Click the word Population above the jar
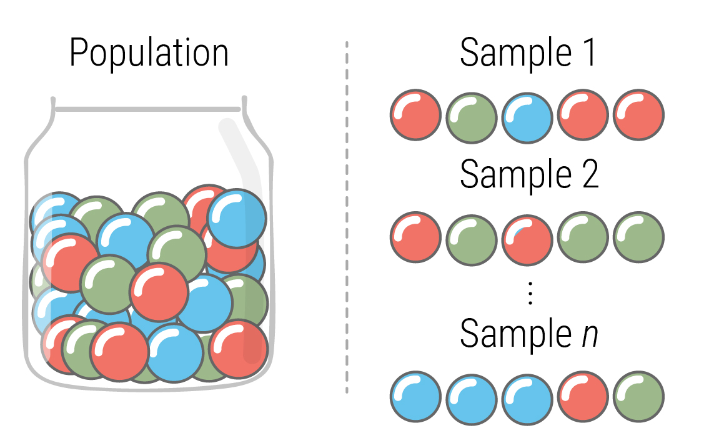pyautogui.click(x=149, y=54)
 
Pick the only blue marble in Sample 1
pyautogui.click(x=527, y=117)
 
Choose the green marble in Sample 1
pyautogui.click(x=471, y=117)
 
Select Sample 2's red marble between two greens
pyautogui.click(x=527, y=238)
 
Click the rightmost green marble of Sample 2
pyautogui.click(x=638, y=238)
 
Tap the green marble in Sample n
pyautogui.click(x=638, y=397)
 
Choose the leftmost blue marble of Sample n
pyautogui.click(x=415, y=397)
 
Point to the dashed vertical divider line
pyautogui.click(x=346, y=219)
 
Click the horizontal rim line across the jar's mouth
pyautogui.click(x=147, y=109)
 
